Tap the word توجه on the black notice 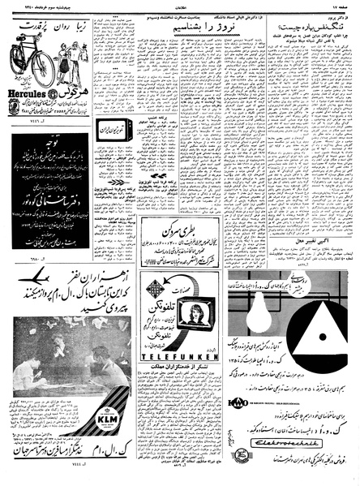62,153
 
